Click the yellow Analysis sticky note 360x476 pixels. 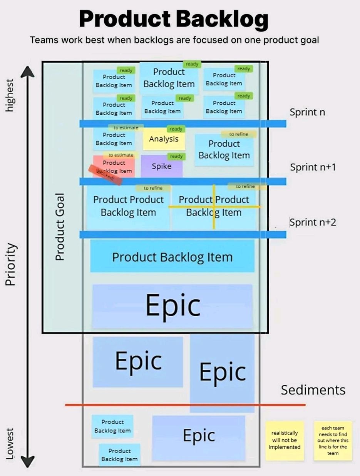pyautogui.click(x=164, y=140)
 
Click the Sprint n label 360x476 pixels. pyautogui.click(x=307, y=112)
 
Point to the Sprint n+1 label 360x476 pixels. pyautogui.click(x=313, y=167)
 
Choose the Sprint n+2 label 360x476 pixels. pyautogui.click(x=313, y=222)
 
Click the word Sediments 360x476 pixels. pyautogui.click(x=313, y=390)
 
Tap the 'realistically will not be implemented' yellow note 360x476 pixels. pyautogui.click(x=285, y=440)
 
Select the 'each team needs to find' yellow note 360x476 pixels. pyautogui.click(x=333, y=440)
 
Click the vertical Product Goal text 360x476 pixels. pyautogui.click(x=59, y=227)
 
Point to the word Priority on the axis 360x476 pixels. pyautogui.click(x=10, y=264)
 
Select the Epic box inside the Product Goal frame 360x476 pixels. pyautogui.click(x=172, y=306)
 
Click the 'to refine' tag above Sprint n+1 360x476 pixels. pyautogui.click(x=239, y=134)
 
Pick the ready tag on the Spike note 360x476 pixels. pyautogui.click(x=176, y=156)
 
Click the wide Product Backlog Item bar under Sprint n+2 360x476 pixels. pyautogui.click(x=172, y=257)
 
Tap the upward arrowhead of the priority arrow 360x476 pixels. pyautogui.click(x=27, y=71)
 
